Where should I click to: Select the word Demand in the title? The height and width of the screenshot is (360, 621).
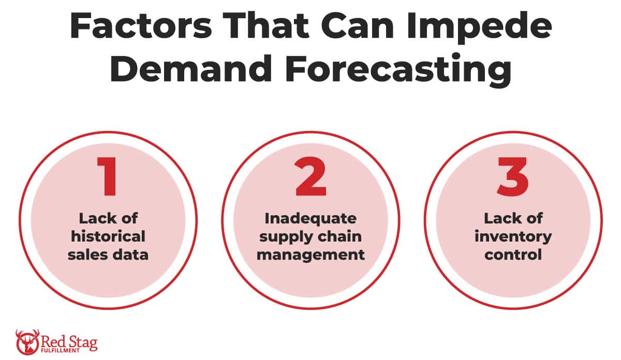click(191, 70)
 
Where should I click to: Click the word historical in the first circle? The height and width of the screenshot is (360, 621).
click(108, 237)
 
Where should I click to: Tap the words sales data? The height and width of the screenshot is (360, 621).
click(108, 255)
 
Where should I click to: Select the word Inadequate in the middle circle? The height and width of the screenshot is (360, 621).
click(310, 218)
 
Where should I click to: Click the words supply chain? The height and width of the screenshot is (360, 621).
click(310, 237)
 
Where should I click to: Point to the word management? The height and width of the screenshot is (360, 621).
click(310, 255)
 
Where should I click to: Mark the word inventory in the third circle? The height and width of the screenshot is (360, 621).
click(513, 237)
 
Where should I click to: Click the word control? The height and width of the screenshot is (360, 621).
click(513, 255)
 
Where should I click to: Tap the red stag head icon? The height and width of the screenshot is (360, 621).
click(26, 342)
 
